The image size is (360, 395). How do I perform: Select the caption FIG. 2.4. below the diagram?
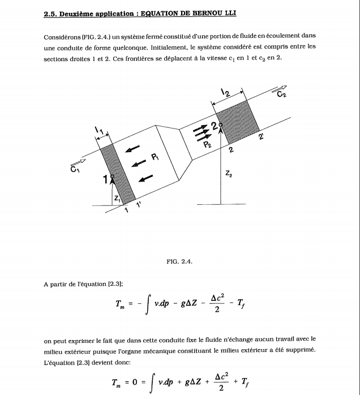pos(180,261)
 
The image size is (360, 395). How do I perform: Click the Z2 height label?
pos(228,176)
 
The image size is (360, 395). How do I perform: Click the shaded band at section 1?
pos(118,173)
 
